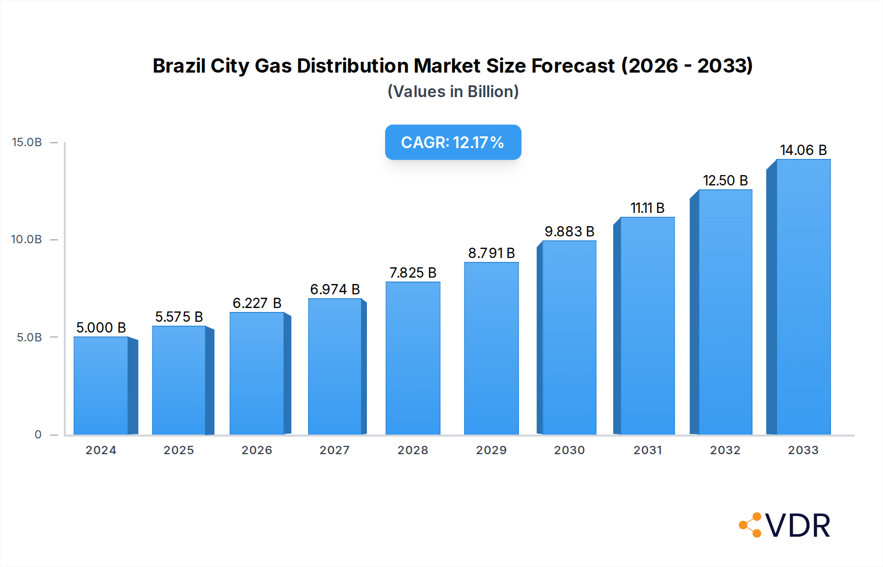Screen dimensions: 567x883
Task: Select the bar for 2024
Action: coord(101,386)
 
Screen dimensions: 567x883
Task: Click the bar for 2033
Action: coord(803,297)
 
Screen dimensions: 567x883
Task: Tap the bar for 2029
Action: coord(491,349)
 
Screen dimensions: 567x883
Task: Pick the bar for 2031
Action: coord(647,326)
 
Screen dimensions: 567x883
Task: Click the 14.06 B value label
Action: coord(803,150)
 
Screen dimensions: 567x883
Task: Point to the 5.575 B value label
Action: coord(179,317)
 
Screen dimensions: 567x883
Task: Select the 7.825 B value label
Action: coord(413,273)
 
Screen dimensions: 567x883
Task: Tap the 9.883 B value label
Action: coord(569,232)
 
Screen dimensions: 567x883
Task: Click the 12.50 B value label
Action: coord(725,180)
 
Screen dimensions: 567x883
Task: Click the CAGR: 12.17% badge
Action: coord(453,142)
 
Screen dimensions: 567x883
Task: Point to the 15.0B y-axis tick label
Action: coord(27,142)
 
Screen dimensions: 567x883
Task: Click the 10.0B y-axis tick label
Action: coord(27,239)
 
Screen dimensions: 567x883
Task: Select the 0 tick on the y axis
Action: coord(38,435)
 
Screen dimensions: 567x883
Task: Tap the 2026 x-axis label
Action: coord(257,450)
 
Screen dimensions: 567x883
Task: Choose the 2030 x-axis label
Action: coord(569,450)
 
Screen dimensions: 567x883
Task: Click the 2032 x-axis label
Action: coord(725,450)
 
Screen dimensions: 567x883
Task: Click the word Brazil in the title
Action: coord(179,66)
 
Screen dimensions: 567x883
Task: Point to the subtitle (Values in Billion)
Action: coord(453,92)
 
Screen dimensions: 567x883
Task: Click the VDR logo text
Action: coord(798,526)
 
